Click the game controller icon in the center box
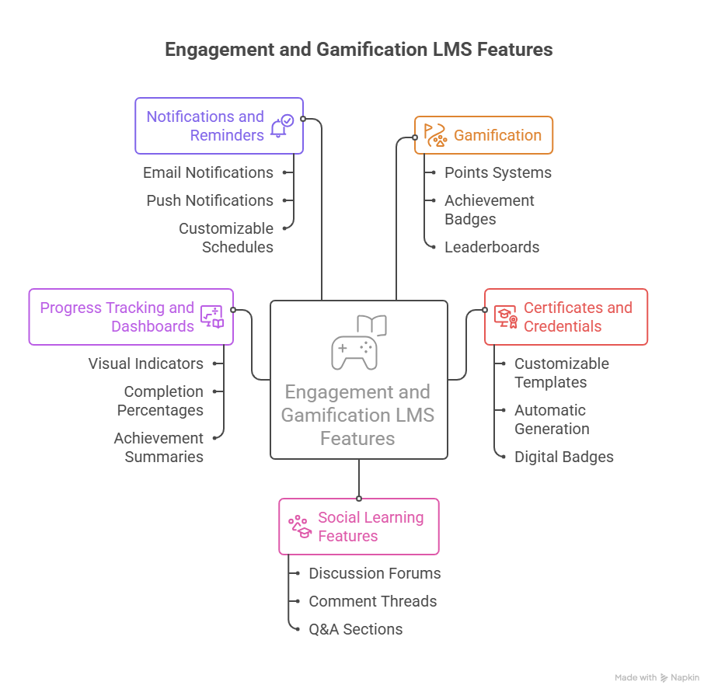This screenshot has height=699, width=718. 354,352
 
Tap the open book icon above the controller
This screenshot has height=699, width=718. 371,325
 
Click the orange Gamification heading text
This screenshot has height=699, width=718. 497,135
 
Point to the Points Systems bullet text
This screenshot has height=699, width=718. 497,172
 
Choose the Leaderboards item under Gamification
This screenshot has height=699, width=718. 491,247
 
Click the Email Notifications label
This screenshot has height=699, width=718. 208,172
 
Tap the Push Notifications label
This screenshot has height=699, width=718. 210,200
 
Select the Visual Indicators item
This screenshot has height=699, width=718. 146,363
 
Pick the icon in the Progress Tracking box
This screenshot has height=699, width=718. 212,317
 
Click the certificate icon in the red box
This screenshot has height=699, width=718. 506,317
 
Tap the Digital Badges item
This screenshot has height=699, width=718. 563,457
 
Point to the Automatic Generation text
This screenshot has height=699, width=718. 551,419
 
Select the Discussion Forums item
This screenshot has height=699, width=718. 375,573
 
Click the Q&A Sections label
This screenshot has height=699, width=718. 355,629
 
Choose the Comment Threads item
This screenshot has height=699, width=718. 372,601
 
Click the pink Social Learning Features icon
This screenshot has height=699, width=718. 300,527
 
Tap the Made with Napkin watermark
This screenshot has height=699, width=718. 657,677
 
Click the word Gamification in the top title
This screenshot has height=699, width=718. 381,50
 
